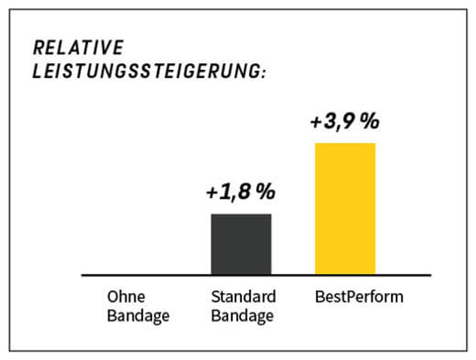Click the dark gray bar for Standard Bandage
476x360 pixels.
[241, 244]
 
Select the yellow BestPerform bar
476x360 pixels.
[345, 208]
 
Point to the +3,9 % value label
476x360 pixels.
[345, 121]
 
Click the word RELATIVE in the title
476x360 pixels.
[79, 48]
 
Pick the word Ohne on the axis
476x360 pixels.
[127, 297]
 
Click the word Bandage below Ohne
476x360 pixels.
[138, 316]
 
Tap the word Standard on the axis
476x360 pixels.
[243, 297]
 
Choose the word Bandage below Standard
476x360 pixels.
[242, 316]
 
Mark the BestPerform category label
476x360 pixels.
[359, 297]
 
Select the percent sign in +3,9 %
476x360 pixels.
[369, 121]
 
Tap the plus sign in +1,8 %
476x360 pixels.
[213, 193]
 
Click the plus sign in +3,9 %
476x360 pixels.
[317, 122]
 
